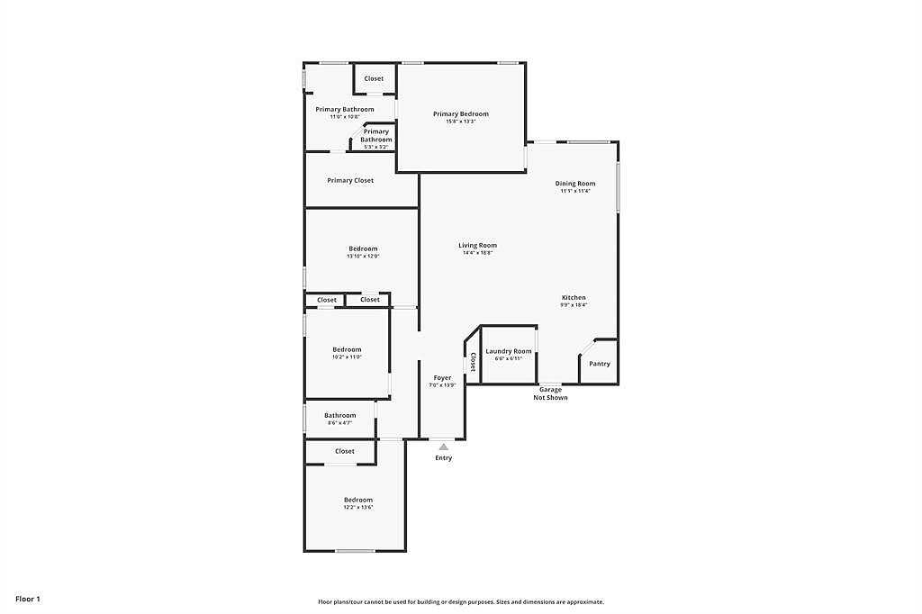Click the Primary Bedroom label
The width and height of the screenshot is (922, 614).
460,114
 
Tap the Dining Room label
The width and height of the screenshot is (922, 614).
574,184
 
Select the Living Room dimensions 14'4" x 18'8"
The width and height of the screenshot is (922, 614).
477,253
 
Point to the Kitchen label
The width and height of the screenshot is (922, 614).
574,298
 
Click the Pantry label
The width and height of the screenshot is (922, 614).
600,364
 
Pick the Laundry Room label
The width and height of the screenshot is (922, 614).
508,351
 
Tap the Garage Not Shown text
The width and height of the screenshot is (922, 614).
550,393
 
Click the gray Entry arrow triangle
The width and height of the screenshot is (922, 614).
443,447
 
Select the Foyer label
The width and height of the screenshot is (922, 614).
442,378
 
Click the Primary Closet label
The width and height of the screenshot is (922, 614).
350,181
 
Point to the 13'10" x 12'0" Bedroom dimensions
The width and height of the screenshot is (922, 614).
363,257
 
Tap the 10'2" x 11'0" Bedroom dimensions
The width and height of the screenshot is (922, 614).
347,357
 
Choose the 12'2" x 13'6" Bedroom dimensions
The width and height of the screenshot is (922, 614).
357,508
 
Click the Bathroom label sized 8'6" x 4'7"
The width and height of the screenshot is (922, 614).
339,416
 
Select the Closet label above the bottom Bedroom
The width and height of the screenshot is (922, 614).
344,452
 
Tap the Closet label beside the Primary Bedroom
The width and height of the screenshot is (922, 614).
374,79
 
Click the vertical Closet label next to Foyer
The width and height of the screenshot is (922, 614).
473,361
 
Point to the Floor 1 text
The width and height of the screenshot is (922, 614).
28,599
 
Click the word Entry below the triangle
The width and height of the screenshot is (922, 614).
443,458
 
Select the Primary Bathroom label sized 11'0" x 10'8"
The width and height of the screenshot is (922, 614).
344,110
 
